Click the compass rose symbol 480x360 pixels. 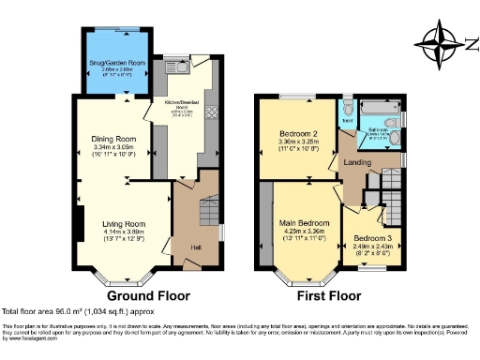pyautogui.click(x=440, y=42)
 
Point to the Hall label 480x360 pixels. pyautogui.click(x=196, y=247)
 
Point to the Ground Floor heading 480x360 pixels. pyautogui.click(x=147, y=294)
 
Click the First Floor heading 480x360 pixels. pyautogui.click(x=328, y=294)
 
